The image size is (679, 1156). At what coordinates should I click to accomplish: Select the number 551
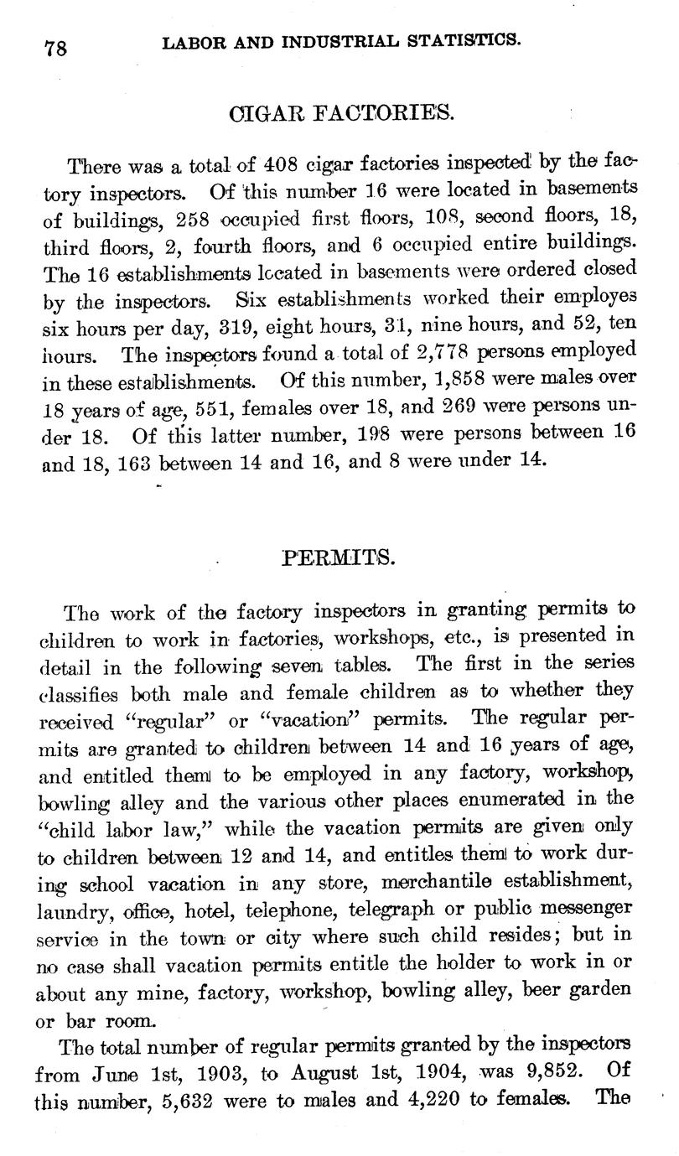[220, 412]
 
